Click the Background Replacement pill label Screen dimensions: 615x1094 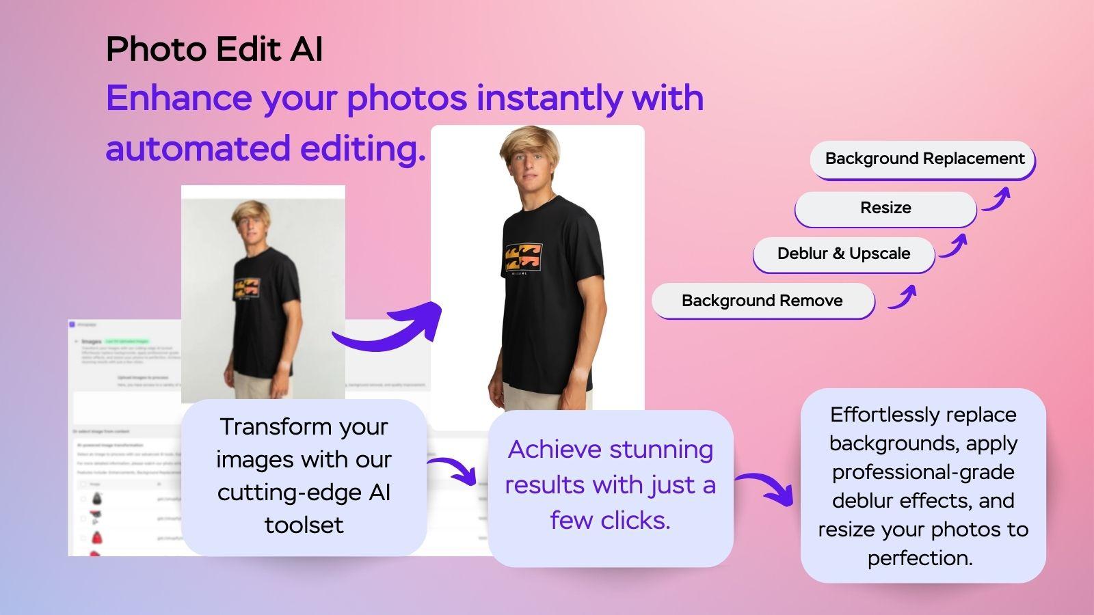point(924,159)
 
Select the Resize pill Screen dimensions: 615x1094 point(885,208)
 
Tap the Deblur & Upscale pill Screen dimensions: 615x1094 point(844,254)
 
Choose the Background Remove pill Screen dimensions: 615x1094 point(762,301)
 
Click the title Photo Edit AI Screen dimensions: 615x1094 point(214,50)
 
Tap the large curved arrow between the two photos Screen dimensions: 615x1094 point(390,329)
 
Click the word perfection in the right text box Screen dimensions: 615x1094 point(920,558)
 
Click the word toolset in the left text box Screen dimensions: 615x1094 point(304,525)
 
